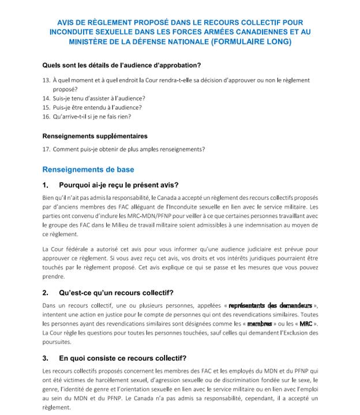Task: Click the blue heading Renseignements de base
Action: point(88,170)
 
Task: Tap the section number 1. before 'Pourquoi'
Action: point(46,185)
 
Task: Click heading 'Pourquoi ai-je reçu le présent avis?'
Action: point(118,185)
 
